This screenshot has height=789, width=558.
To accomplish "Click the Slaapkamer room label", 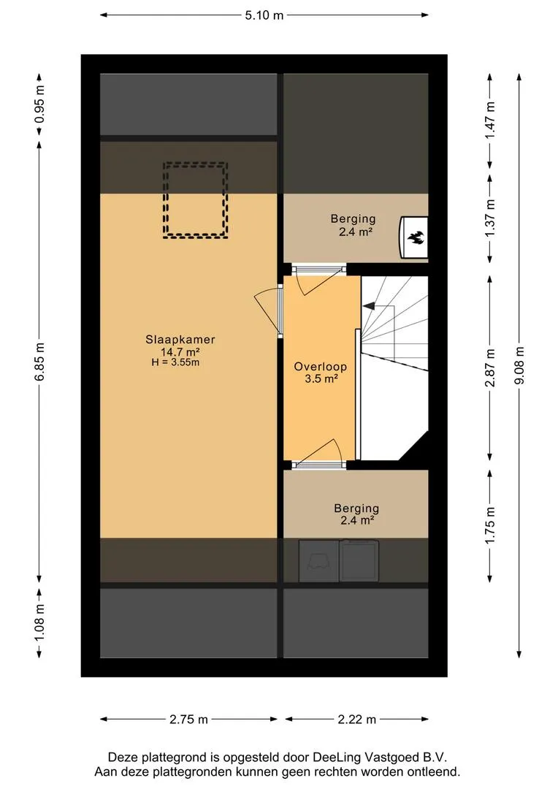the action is point(180,340).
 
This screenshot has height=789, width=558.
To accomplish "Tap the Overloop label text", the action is point(321,366).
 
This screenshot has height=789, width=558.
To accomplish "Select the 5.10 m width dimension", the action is point(264,15).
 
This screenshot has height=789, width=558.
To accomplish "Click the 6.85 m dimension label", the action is point(40,362).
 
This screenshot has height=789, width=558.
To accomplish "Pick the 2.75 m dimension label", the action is point(188,720).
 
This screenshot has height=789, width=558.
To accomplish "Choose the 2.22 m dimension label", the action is point(356,720).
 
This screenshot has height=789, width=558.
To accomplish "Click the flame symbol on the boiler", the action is point(415,237).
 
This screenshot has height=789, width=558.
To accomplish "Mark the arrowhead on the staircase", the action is point(369,305).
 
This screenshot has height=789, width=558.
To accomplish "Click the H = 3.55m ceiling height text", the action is point(175,362).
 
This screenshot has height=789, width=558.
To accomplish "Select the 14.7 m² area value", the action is point(180,351).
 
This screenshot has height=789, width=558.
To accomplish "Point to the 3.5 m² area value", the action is point(321,378).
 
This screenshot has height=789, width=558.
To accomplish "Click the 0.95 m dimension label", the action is point(40,104).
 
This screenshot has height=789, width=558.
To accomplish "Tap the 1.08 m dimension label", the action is point(40,623).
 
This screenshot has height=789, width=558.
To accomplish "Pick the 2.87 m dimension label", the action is point(491,367).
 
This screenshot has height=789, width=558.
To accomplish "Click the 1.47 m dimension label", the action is point(491,121).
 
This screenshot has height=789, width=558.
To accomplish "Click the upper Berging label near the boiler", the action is point(353,219).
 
